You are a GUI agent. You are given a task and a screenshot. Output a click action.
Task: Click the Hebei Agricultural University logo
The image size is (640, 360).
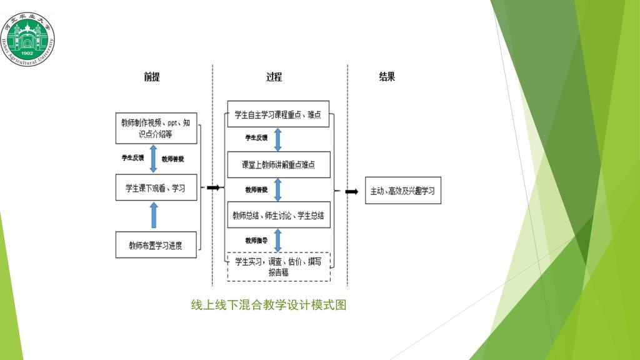click(27, 37)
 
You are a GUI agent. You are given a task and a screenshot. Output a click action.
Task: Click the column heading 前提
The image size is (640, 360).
click(152, 77)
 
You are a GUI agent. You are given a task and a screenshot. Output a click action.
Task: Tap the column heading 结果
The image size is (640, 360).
click(387, 77)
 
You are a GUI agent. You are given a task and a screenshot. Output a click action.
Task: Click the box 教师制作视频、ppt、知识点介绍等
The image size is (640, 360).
click(156, 128)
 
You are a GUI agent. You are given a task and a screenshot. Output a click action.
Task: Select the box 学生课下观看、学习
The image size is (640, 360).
click(156, 187)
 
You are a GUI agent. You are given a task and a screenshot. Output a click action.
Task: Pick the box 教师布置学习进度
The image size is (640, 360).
click(156, 245)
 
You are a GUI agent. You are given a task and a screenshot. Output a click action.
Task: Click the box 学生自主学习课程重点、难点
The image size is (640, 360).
click(278, 115)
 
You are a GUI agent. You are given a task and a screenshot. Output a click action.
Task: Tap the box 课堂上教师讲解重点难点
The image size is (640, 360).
click(278, 165)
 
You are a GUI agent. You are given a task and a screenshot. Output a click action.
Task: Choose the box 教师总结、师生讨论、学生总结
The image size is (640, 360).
click(278, 216)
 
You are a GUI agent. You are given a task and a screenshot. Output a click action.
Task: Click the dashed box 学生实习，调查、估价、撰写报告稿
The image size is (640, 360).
click(278, 266)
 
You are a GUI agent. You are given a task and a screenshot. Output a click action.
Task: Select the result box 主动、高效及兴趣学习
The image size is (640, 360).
click(403, 191)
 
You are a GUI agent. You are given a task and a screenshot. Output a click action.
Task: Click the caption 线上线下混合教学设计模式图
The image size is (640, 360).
click(269, 305)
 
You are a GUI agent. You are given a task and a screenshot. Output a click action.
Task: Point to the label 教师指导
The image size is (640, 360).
click(256, 239)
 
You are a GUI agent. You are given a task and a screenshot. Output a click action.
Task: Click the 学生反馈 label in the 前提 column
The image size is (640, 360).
click(132, 158)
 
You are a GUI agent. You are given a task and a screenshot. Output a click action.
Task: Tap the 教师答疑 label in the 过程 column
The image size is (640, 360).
click(256, 189)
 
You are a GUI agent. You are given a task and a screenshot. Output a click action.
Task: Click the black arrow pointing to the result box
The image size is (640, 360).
click(352, 191)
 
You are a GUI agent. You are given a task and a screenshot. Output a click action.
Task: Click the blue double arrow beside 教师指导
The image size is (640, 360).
click(278, 240)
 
